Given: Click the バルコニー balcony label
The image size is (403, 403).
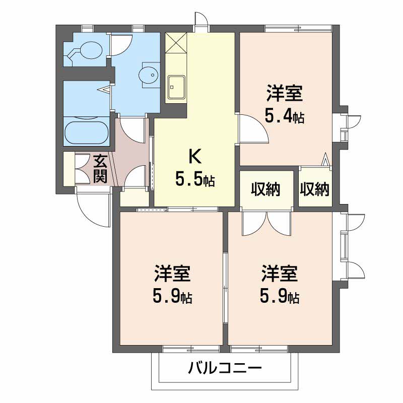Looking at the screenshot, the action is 225,368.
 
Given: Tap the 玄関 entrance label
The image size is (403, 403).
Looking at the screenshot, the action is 100,168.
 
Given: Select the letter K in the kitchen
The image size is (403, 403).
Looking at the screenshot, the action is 195,157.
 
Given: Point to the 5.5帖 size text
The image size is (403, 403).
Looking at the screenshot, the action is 195,179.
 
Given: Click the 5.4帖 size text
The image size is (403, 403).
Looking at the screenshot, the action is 285,117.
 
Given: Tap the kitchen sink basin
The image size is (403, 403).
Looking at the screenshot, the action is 176,87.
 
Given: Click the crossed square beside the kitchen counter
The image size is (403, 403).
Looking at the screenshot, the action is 176,43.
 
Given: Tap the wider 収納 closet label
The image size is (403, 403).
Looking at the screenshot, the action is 265,189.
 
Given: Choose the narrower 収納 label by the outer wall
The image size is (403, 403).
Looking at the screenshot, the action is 314,189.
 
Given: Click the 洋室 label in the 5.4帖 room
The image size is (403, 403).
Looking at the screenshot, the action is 285,93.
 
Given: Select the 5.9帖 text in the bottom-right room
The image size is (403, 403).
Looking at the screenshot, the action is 280,296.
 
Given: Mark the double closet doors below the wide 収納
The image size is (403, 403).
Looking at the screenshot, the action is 266,223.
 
